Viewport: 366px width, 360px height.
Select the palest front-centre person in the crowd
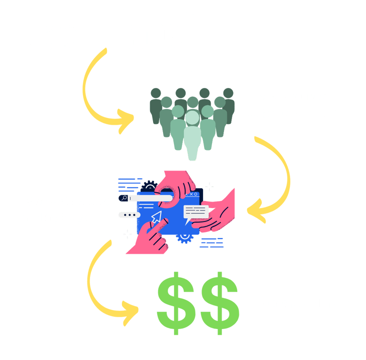coord(192,133)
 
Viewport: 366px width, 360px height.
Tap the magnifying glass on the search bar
coord(123,198)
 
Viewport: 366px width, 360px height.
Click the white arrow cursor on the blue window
coord(156,218)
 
